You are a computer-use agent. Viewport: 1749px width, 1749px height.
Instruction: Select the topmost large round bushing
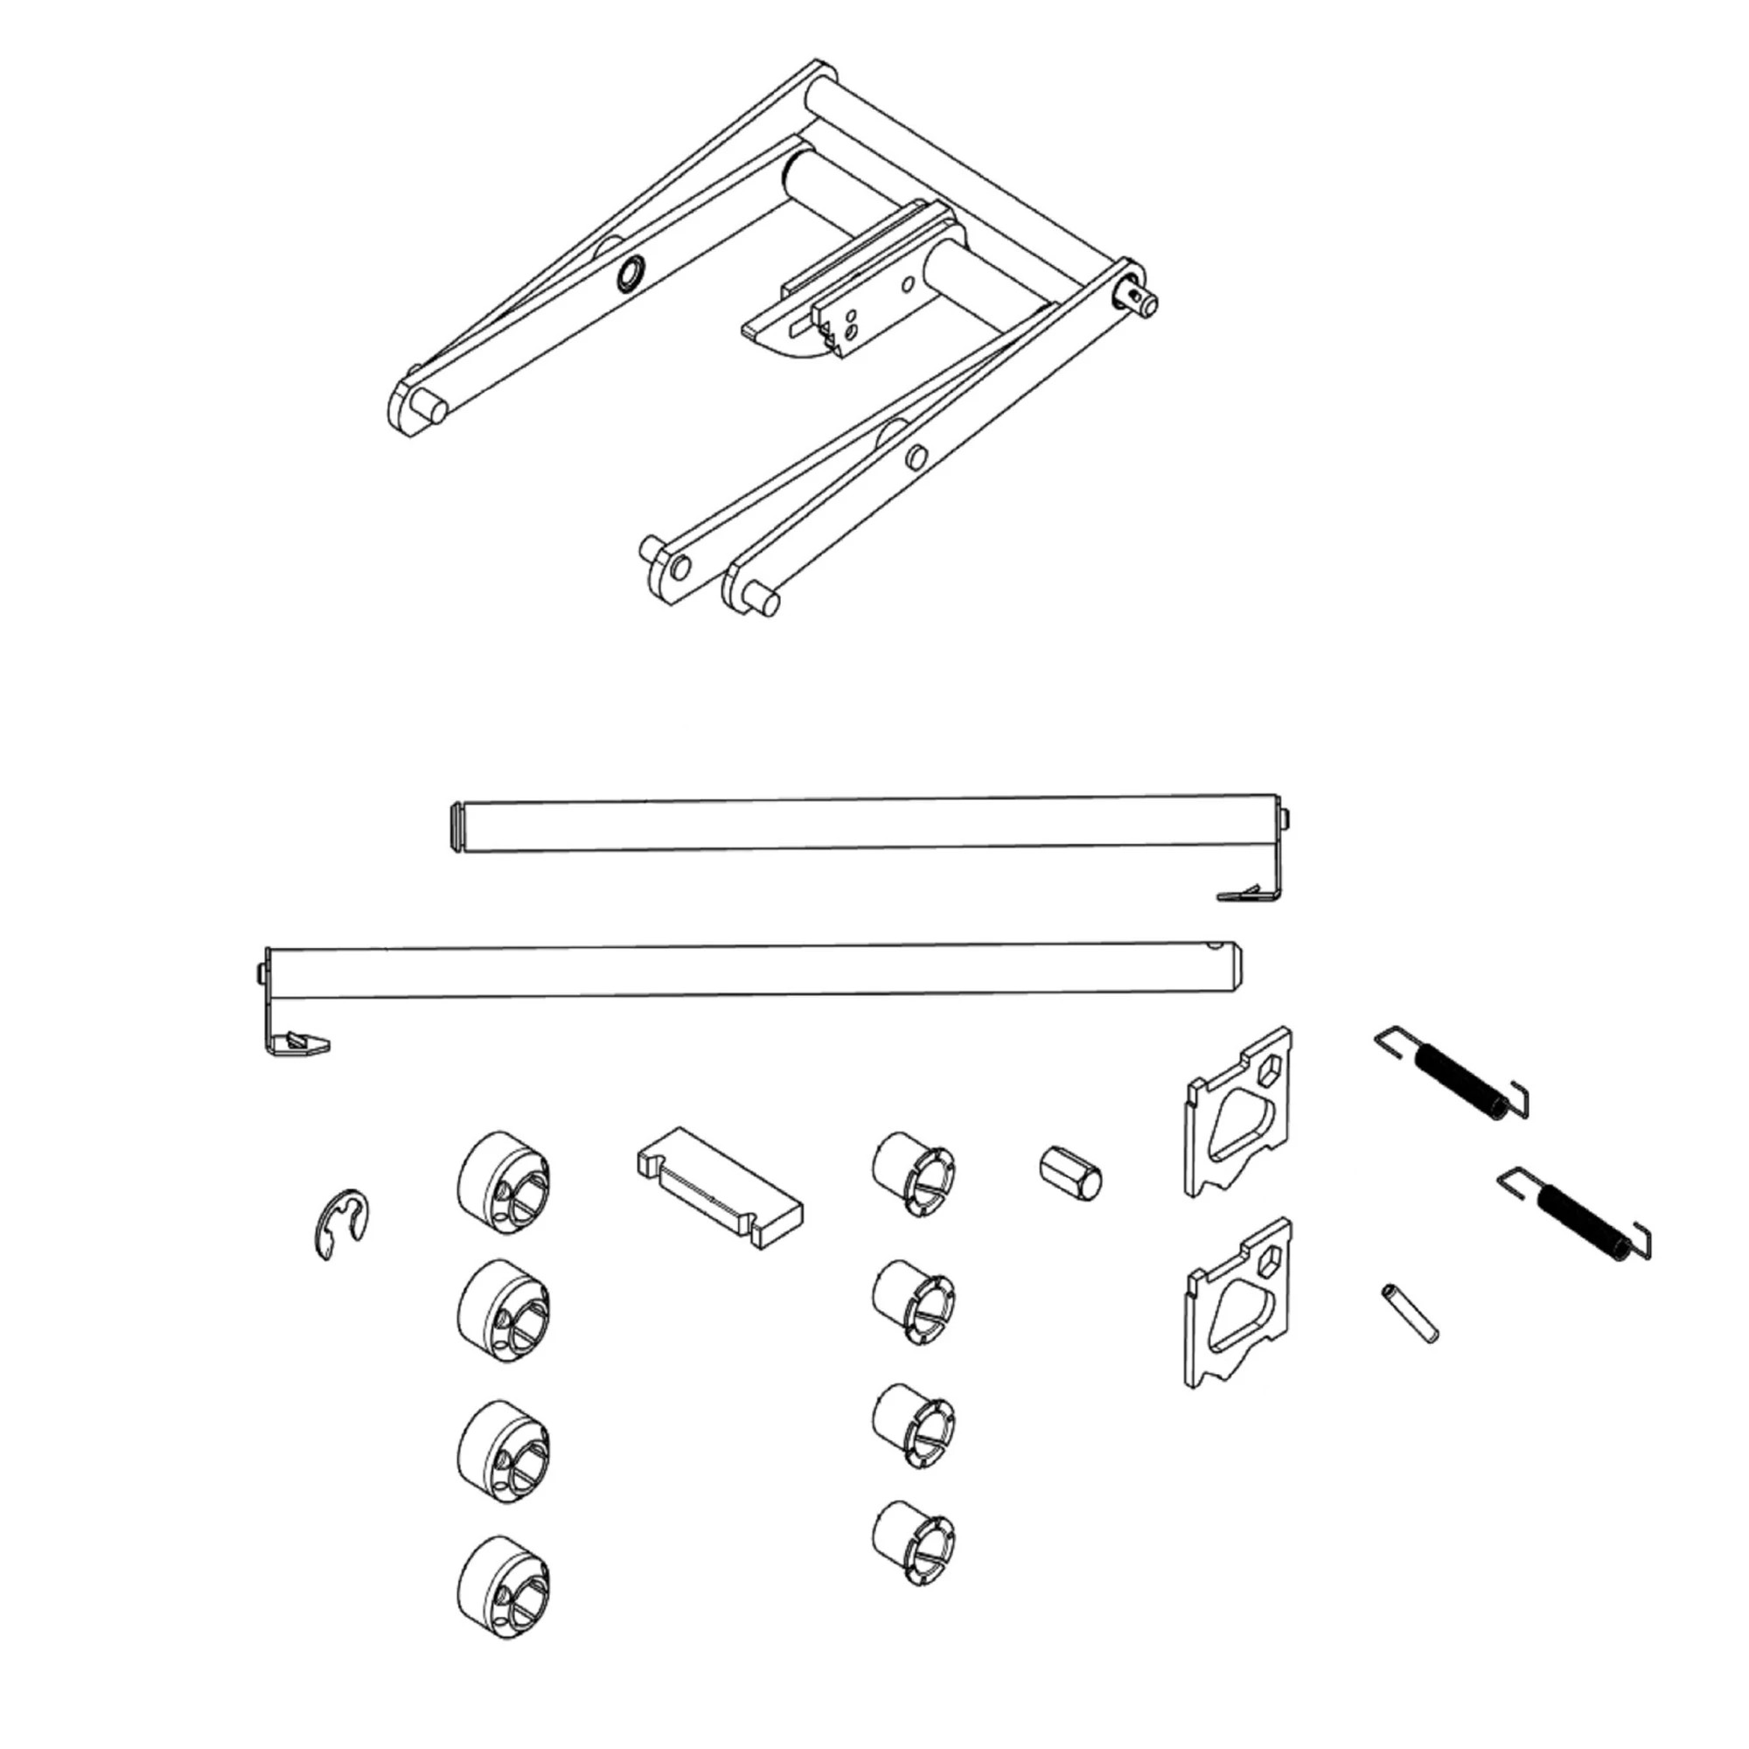click(505, 1182)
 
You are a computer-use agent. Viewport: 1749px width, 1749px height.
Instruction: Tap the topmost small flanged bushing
click(914, 1174)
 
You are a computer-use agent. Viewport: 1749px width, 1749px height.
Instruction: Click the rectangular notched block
click(719, 1187)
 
